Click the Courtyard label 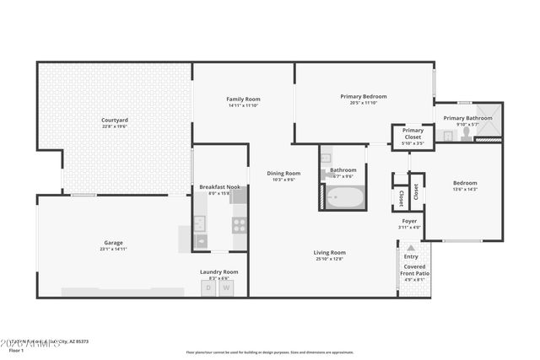114,121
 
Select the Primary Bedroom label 364,96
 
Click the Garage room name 113,243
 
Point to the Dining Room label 283,173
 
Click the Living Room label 330,252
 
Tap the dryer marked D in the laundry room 208,287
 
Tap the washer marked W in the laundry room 226,287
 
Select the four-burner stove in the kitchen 239,224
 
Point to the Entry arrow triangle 411,248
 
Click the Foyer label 409,221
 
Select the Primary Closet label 413,131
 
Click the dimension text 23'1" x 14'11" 113,250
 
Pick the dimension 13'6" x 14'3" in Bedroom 465,190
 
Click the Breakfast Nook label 219,186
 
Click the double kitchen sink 200,224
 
